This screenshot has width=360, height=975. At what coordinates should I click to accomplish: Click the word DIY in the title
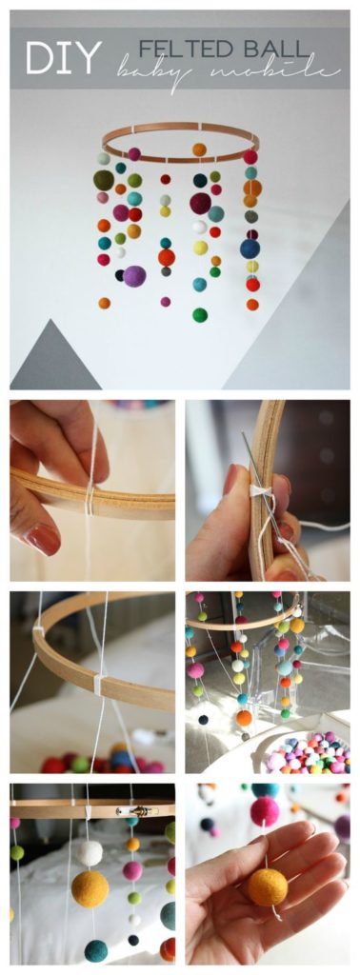coord(63,58)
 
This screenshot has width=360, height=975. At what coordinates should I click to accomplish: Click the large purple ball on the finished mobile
coord(134,276)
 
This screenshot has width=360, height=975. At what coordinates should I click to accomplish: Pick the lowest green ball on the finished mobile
coord(199,314)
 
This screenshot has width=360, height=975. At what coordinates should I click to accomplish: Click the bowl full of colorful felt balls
coord(306,753)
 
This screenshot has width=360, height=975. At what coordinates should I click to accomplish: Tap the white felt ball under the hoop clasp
coord(90,852)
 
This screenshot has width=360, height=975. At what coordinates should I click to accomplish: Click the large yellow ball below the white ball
coord(90,889)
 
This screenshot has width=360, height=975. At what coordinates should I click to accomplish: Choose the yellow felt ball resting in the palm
coord(268,886)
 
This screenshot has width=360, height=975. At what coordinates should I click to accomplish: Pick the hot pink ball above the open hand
coord(264,812)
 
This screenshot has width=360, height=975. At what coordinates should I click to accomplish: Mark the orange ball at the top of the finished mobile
coord(199,149)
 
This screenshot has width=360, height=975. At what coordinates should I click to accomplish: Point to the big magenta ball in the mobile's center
coord(200,203)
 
